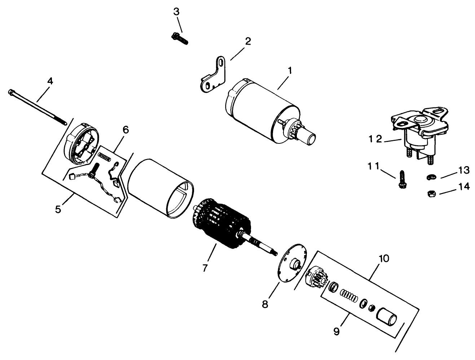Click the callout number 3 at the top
(176, 12)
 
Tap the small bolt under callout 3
(179, 37)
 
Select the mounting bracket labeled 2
(214, 74)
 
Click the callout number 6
(125, 130)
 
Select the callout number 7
(205, 268)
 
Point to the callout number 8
(265, 304)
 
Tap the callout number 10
(384, 258)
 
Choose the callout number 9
(336, 331)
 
